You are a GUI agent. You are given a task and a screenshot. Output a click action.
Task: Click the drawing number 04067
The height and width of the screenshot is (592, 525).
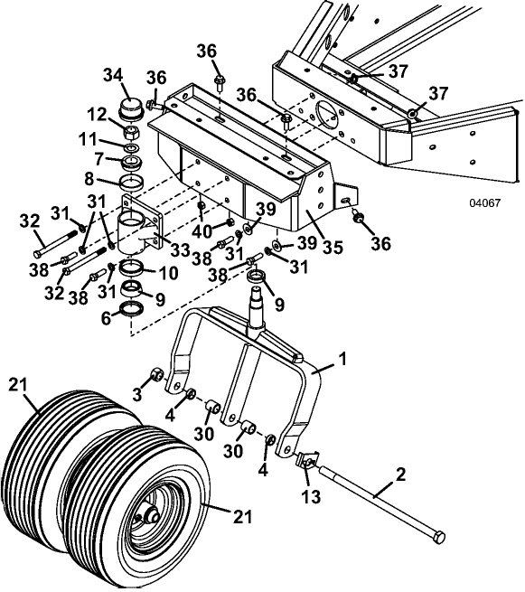(484, 203)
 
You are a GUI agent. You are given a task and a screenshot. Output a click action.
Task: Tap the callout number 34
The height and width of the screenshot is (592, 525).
(113, 75)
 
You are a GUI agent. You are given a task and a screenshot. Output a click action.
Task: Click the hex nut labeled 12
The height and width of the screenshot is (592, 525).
(132, 133)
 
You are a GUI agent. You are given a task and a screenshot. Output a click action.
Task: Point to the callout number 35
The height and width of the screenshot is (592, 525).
(333, 248)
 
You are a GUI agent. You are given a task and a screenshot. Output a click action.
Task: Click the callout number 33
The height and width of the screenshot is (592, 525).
(179, 249)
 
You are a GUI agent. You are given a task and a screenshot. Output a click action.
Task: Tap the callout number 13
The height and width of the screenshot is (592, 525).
(311, 496)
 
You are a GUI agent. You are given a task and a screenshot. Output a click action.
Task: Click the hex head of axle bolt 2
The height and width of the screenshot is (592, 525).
(439, 537)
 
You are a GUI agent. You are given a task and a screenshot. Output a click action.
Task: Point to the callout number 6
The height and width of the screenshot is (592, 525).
(107, 319)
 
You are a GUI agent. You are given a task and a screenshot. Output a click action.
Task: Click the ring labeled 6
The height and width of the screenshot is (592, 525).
(132, 309)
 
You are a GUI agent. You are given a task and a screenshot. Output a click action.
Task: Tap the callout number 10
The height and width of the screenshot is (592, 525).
(168, 273)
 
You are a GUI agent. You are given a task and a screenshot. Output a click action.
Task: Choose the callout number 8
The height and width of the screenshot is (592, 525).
(89, 179)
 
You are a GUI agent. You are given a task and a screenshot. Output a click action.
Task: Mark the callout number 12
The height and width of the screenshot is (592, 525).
(97, 115)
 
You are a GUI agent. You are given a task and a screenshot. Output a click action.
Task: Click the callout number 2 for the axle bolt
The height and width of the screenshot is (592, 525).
(399, 475)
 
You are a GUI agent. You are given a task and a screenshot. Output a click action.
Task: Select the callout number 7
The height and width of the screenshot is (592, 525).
(98, 159)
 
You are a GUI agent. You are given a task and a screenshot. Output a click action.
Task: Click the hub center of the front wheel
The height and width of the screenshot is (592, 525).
(151, 514)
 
